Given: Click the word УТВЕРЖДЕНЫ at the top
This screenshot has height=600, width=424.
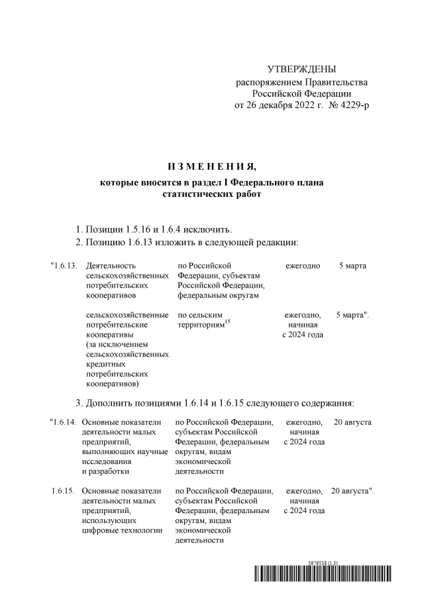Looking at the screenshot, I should click(x=301, y=70).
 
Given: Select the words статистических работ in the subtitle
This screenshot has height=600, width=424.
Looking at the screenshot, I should click(x=211, y=194).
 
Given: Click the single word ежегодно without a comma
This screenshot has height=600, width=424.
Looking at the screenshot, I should click(x=303, y=266).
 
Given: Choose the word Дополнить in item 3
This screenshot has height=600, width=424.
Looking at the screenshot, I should click(x=114, y=402).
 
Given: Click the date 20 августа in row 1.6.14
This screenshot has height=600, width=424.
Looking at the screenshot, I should click(x=352, y=422).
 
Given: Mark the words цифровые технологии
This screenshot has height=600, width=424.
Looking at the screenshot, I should click(x=122, y=530).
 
